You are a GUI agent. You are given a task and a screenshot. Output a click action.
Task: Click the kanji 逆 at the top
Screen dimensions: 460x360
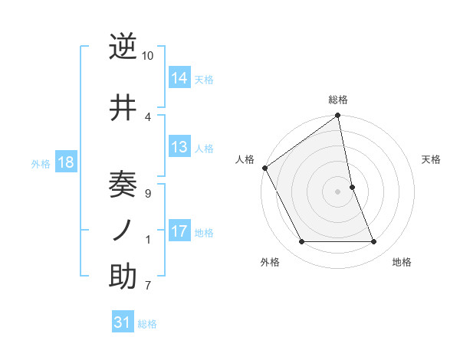tap(123, 47)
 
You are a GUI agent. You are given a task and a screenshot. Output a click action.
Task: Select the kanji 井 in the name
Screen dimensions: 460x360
tap(123, 108)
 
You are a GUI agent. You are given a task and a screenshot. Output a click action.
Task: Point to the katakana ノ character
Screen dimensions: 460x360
tap(123, 231)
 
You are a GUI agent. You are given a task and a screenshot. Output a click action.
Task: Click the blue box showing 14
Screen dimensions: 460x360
tap(180, 78)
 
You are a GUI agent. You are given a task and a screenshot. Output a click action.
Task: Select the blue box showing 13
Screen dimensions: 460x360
tap(180, 147)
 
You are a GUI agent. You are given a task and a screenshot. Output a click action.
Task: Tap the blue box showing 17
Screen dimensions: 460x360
tap(180, 231)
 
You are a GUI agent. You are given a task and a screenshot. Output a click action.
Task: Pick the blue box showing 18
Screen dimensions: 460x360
tap(65, 162)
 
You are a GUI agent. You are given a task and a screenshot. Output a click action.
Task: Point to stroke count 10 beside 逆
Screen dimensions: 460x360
tap(148, 56)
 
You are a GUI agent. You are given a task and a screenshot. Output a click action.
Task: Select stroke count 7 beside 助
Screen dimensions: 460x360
tap(147, 286)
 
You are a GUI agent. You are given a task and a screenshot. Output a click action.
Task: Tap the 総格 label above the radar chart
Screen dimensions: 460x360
tap(338, 100)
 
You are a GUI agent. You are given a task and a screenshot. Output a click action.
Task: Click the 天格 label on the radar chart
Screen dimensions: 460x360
tap(432, 159)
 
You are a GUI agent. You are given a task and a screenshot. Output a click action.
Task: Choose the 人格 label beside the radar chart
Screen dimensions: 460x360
tap(245, 159)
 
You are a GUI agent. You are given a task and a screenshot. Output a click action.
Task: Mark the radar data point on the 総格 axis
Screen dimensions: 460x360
tap(338, 116)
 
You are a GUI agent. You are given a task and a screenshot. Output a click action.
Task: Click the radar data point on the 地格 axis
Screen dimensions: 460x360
tap(374, 242)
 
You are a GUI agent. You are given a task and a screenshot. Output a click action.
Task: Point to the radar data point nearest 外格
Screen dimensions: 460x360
tap(302, 242)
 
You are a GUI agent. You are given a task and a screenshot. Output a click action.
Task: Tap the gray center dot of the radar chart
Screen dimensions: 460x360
tap(338, 191)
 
